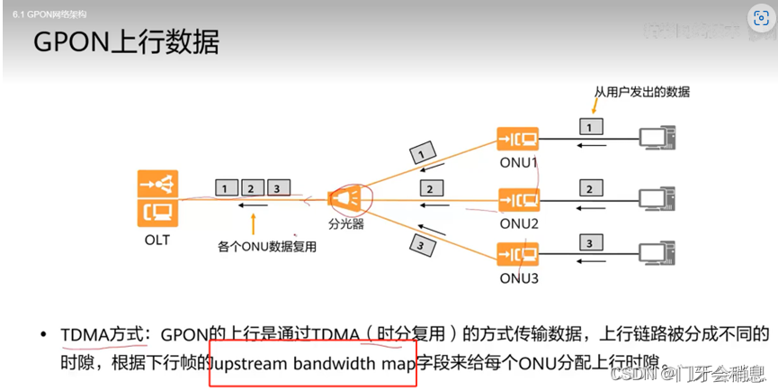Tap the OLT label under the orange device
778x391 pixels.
156,241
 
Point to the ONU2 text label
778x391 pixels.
518,223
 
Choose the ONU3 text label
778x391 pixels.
518,277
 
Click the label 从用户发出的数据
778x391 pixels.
641,92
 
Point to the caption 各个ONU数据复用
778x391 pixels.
267,245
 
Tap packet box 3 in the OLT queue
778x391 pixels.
279,187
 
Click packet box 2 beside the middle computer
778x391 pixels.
590,189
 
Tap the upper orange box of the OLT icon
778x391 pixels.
157,184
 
